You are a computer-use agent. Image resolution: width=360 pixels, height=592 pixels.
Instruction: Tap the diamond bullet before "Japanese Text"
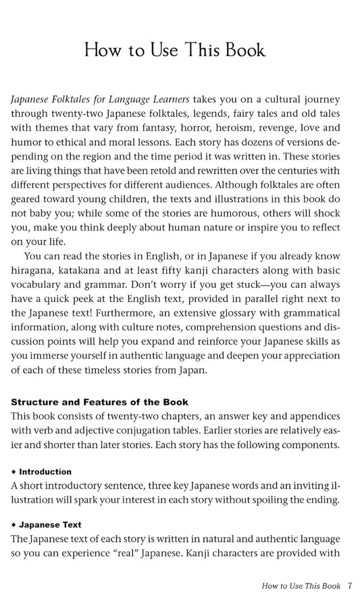coord(14,524)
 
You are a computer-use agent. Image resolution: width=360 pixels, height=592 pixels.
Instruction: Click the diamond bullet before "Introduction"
coord(14,471)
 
